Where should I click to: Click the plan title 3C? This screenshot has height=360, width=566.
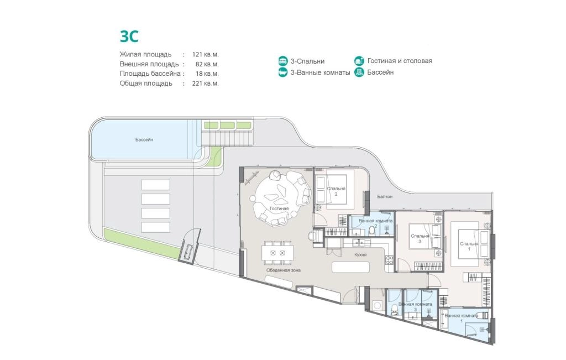coord(129,36)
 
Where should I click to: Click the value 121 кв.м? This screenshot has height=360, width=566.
coord(206,55)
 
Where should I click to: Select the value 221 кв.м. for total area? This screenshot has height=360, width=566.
coord(206,84)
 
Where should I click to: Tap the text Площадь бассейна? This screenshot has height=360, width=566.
coord(150,74)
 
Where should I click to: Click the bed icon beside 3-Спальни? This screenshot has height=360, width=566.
coord(283,61)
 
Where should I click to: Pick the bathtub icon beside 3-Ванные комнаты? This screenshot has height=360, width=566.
coord(283,72)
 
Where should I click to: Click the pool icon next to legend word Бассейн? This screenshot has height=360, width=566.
coord(359,72)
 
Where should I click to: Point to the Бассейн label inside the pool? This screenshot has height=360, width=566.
coord(144,140)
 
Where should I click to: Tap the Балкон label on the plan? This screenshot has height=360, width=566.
coord(385,197)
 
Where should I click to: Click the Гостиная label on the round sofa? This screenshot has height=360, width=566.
coord(279,208)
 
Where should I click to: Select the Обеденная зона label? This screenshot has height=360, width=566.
coord(284,270)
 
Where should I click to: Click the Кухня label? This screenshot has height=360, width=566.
coord(360,255)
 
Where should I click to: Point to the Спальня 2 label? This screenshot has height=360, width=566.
coord(336,191)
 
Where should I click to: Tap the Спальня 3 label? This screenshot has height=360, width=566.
coord(420,239)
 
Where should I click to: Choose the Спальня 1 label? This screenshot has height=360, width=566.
coord(469,246)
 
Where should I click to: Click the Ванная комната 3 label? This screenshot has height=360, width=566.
coord(415,307)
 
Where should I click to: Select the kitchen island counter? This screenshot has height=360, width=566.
coord(350,267)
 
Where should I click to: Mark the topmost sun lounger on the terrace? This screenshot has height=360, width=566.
coord(155,185)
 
